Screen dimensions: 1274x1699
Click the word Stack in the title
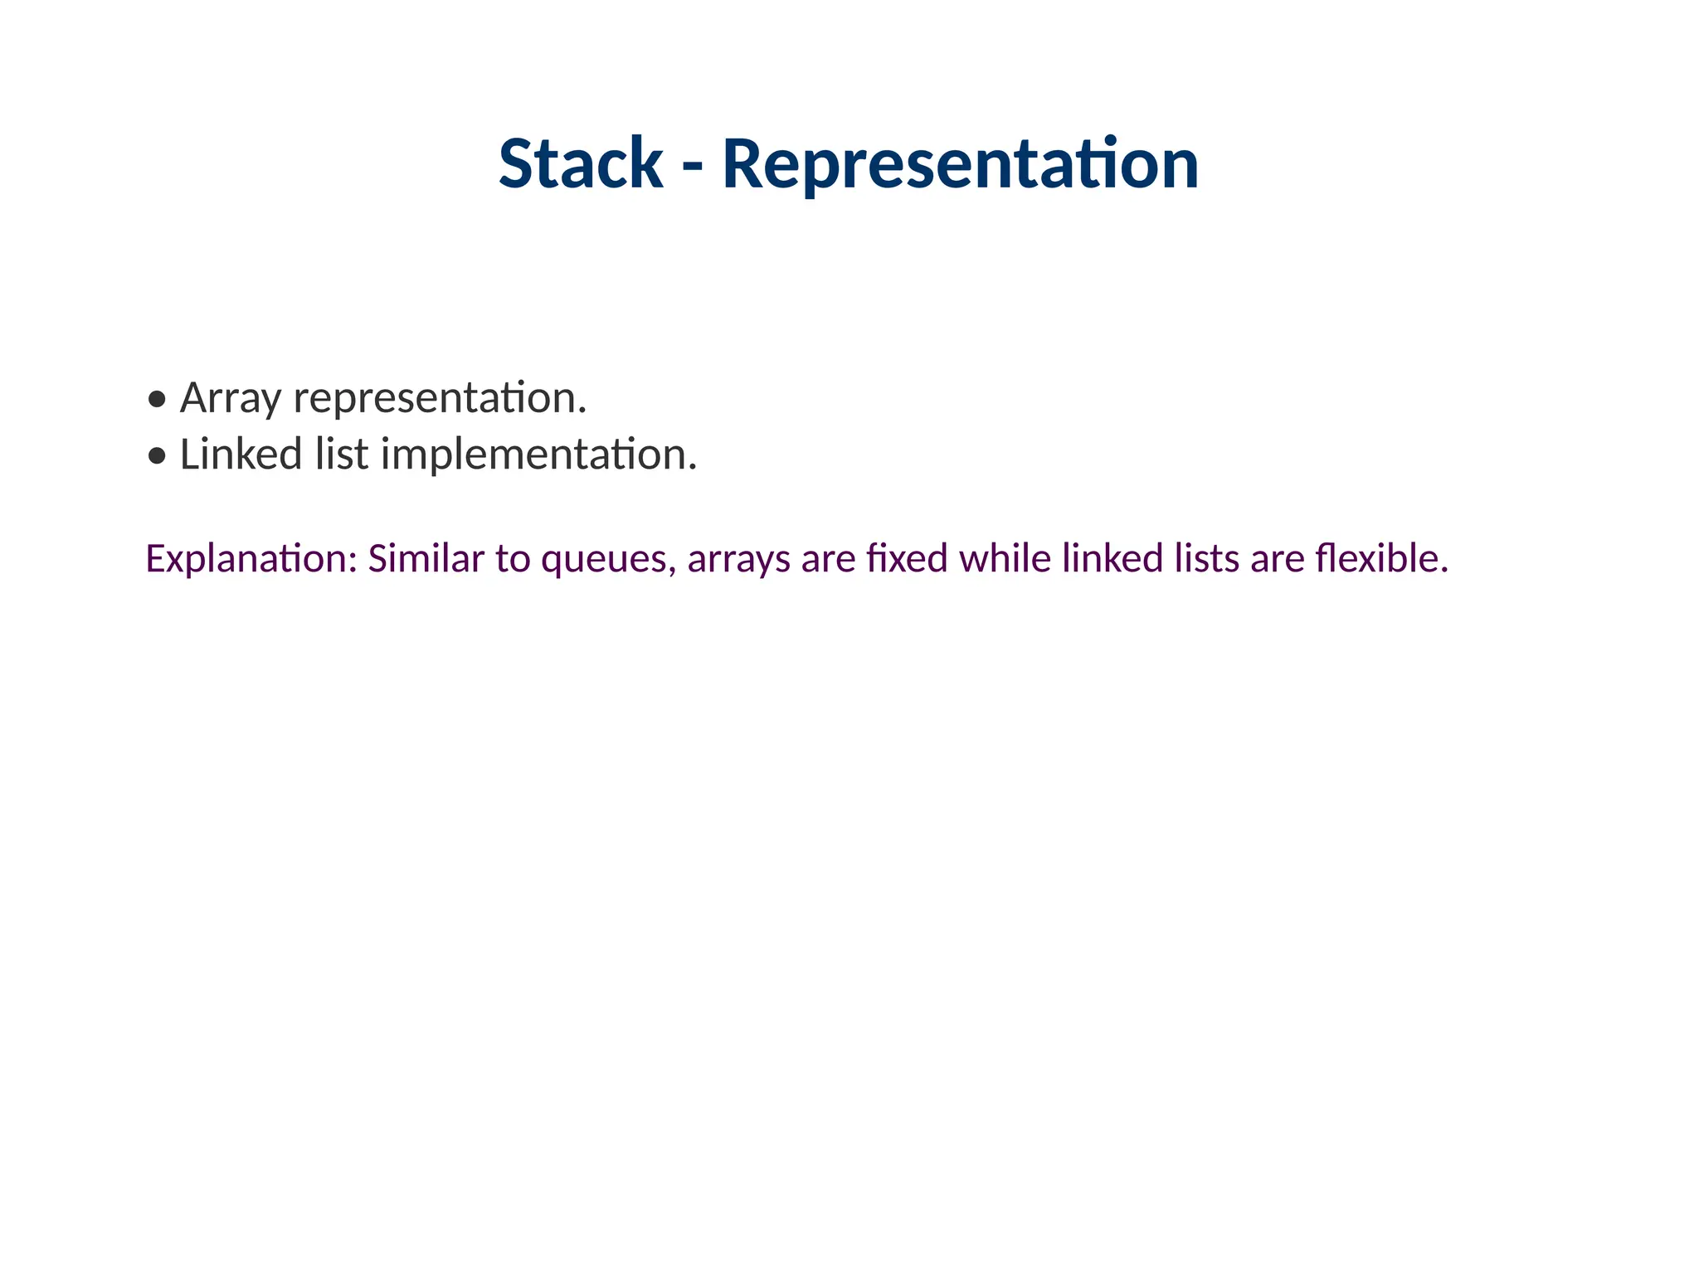[x=580, y=163]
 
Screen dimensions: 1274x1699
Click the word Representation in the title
[x=960, y=163]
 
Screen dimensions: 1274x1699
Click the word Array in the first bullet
[x=230, y=398]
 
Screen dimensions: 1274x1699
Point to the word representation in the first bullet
[x=440, y=398]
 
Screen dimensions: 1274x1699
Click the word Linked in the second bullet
[x=241, y=455]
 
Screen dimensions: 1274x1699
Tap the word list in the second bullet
[x=341, y=455]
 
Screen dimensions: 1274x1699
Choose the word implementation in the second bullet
[x=538, y=455]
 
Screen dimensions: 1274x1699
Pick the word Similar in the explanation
[x=426, y=559]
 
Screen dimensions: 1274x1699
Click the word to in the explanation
[x=513, y=559]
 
